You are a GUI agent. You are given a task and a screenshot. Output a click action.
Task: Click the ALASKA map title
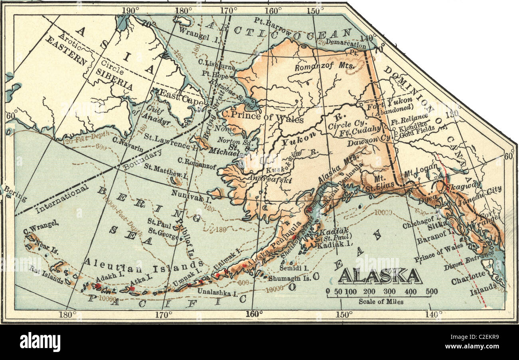380,276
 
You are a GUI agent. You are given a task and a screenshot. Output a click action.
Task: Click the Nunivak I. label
191,196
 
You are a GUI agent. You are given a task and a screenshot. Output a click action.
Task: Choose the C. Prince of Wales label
263,119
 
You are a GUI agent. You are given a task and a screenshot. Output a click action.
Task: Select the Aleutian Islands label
143,263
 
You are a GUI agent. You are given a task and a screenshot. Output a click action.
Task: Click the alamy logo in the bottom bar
40,342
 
